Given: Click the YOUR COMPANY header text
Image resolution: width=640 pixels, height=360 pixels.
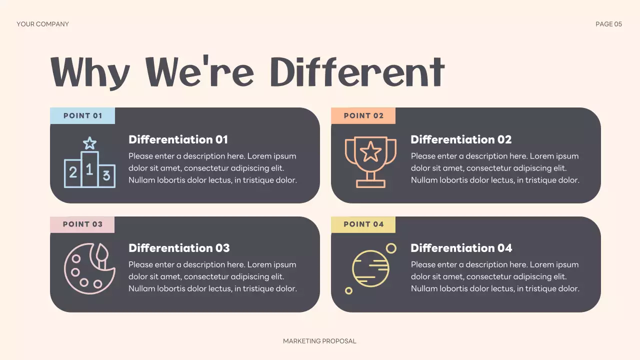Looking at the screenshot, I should tap(42, 24).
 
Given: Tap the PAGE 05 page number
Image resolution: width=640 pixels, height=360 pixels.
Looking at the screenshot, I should tap(608, 24).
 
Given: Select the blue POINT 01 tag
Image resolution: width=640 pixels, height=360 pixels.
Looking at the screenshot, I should tap(82, 115).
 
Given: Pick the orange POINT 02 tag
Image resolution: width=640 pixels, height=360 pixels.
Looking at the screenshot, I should tap(363, 115).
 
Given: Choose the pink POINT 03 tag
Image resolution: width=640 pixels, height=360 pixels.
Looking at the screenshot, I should tap(82, 224).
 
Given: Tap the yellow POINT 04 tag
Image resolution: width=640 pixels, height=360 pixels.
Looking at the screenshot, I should tap(363, 224).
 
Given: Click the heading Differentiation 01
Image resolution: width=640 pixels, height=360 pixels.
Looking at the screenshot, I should tap(178, 139).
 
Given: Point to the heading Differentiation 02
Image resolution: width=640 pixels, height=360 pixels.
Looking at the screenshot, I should tap(461, 139).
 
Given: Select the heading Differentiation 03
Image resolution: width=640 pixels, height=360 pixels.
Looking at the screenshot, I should tap(179, 248).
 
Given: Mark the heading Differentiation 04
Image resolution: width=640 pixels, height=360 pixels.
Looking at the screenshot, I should tap(461, 248).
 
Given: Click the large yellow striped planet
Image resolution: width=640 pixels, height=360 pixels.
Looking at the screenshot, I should tap(370, 265).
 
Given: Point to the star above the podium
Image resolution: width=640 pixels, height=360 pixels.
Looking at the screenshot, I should tap(89, 143).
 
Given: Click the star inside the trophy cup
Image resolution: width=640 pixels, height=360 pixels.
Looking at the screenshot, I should tap(370, 151).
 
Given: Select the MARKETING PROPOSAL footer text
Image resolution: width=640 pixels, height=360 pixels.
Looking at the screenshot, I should tap(319, 341).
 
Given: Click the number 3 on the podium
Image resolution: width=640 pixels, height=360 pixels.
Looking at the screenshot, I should tap(106, 175).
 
